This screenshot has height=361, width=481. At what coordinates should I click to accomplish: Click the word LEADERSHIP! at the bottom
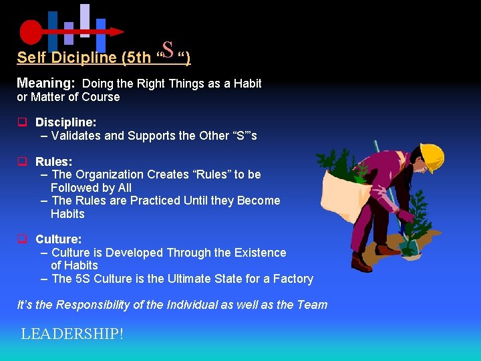click(x=72, y=334)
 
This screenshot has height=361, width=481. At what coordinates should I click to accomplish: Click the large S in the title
click(x=168, y=49)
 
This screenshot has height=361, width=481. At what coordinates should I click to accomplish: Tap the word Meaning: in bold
click(x=45, y=84)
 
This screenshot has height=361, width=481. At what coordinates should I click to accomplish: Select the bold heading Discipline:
click(x=65, y=122)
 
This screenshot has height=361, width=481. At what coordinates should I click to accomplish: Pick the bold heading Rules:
click(x=54, y=161)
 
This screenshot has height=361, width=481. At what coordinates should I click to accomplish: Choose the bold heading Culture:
click(x=59, y=239)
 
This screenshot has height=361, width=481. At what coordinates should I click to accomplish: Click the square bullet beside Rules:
click(x=22, y=161)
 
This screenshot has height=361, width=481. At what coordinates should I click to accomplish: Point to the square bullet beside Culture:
click(x=22, y=239)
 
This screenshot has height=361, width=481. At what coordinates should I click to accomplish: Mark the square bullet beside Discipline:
click(x=22, y=122)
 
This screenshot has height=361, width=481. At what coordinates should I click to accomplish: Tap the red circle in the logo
click(x=31, y=31)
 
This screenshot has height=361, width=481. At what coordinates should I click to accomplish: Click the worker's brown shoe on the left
click(x=361, y=263)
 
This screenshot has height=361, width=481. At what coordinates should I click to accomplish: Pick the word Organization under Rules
click(x=108, y=174)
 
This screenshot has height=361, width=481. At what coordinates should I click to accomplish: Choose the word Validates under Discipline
click(x=76, y=136)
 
